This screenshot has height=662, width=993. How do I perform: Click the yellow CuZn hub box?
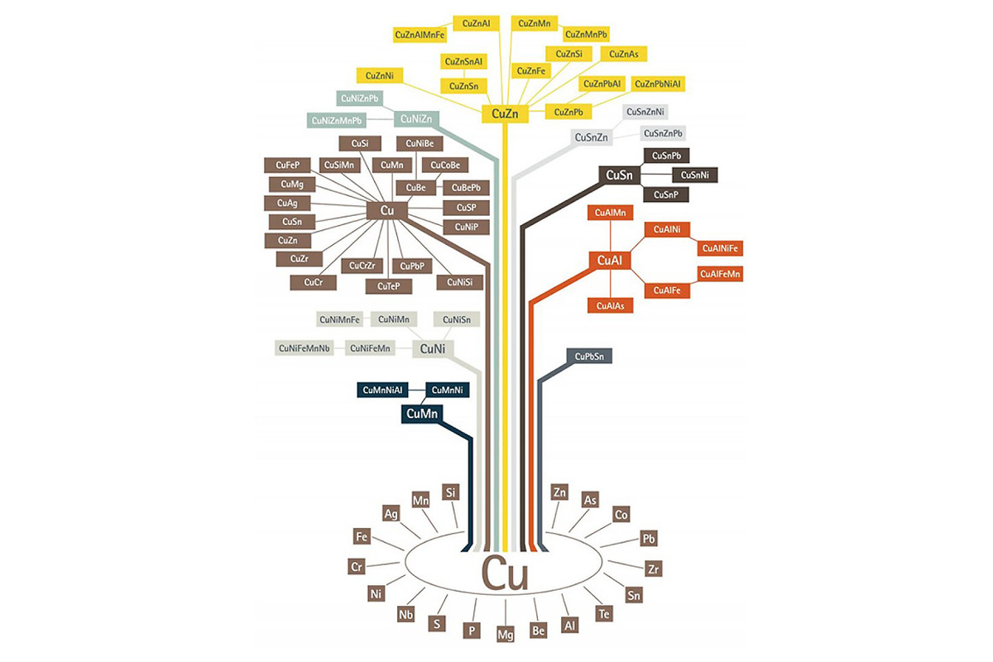point(505,114)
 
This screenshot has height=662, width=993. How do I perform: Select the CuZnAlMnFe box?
point(420,35)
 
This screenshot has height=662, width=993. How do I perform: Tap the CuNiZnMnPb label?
point(338,121)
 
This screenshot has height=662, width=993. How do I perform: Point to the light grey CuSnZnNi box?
point(646,112)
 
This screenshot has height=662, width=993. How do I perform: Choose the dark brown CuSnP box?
point(666,194)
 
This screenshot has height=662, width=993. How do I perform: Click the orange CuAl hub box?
point(610,261)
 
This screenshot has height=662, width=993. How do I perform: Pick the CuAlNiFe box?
point(721,248)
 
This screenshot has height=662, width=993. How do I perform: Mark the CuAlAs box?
point(610,306)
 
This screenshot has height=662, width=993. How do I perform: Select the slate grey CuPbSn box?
point(589,357)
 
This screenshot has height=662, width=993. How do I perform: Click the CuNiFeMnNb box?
point(305,348)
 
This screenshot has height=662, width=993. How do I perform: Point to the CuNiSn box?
point(457,319)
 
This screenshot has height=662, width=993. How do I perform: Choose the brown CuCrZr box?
point(362,266)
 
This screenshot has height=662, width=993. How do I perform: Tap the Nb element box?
point(405,615)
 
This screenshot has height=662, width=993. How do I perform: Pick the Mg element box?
point(506,635)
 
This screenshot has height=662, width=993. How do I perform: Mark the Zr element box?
point(655,568)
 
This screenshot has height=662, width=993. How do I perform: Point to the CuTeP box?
point(388,286)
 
